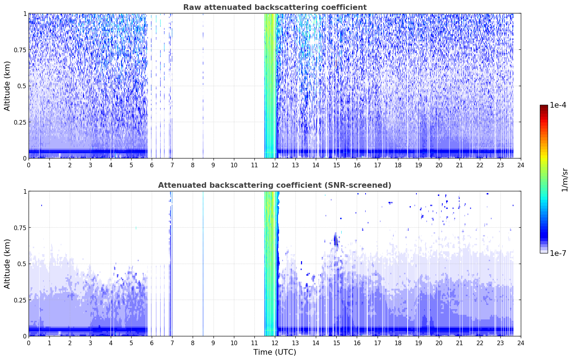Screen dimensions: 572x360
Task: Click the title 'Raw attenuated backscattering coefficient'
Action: pos(275,7)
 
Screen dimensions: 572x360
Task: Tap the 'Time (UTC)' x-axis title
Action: pos(275,352)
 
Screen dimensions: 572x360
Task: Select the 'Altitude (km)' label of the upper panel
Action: pos(7,86)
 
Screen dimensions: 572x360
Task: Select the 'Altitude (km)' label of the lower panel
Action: pos(7,264)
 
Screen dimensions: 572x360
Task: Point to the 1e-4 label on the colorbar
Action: pos(558,105)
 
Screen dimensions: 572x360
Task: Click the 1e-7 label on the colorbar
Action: pos(558,253)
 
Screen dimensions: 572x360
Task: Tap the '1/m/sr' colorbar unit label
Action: pos(565,180)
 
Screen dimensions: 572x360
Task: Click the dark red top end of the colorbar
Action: pos(544,106)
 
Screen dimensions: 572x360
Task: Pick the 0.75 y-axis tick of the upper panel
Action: pos(20,50)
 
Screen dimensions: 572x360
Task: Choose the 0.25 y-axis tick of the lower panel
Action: pos(20,300)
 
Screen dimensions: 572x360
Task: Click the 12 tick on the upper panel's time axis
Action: pos(275,165)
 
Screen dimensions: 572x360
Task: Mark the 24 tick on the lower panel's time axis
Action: pos(521,343)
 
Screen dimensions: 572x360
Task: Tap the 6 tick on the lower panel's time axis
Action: pos(152,343)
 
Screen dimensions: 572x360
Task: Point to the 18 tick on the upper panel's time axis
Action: pos(398,165)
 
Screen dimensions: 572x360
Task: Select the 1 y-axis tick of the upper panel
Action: pos(25,14)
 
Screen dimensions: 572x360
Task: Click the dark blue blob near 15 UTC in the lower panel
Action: pos(336,240)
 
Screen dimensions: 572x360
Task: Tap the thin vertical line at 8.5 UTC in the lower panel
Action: pos(203,264)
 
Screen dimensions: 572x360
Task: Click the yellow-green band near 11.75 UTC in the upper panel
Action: pos(270,86)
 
